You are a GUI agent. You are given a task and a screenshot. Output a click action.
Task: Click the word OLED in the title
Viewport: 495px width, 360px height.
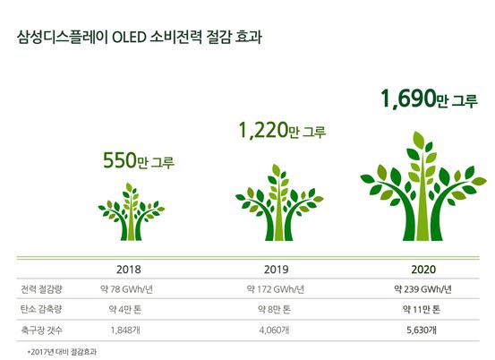(x=130, y=38)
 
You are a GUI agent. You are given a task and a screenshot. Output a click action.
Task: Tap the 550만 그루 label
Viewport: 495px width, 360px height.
(x=139, y=160)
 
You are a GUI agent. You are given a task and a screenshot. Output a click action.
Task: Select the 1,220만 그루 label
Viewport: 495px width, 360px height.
(x=282, y=131)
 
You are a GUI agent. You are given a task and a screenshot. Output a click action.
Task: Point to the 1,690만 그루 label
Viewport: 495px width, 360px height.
(x=429, y=99)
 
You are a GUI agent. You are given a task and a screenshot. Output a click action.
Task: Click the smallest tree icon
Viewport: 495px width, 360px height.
(x=132, y=211)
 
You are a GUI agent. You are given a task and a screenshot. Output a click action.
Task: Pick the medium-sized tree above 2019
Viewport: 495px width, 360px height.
(x=279, y=202)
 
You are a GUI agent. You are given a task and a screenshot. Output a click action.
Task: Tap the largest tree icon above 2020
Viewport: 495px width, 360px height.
(x=423, y=186)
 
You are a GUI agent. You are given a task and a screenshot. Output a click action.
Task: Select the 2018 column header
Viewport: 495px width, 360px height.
(x=129, y=270)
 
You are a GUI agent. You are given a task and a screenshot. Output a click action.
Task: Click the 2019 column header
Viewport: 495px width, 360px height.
(x=277, y=270)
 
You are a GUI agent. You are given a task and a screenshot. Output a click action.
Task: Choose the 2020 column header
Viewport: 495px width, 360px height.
(x=423, y=270)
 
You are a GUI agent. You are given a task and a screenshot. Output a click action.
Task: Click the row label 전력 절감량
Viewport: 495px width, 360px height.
(x=41, y=289)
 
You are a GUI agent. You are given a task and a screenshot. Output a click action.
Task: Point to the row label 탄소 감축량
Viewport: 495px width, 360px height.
(x=41, y=309)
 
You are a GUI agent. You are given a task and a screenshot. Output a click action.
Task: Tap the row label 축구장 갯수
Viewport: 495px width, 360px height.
(x=42, y=330)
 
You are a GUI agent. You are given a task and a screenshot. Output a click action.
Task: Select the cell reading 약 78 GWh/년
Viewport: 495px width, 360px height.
(x=126, y=289)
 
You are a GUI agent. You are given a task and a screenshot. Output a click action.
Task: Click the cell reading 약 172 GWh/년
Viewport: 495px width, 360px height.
(x=276, y=289)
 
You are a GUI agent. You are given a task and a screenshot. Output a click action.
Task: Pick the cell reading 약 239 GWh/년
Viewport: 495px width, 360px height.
(x=423, y=289)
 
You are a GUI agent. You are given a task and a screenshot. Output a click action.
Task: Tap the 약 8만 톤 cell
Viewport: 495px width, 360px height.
(x=274, y=310)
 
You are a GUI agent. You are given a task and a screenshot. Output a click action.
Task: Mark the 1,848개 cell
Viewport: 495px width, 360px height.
(x=125, y=330)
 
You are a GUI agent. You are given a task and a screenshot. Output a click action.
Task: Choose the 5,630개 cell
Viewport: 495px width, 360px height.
(x=422, y=330)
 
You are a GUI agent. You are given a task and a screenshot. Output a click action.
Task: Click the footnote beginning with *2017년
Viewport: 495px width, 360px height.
(x=62, y=352)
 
